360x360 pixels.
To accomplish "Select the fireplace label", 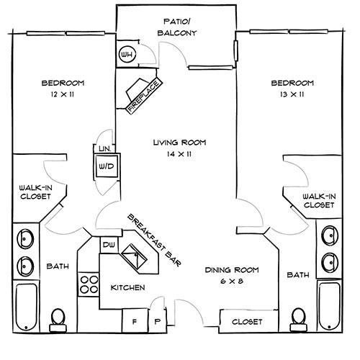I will (145, 95).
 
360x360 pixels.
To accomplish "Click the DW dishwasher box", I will (108, 246).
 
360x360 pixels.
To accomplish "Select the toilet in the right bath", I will (297, 318).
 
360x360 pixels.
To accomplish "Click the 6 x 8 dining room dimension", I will (231, 282).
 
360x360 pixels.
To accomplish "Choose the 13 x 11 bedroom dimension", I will (292, 94).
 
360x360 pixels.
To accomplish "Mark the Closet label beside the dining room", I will (246, 321).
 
